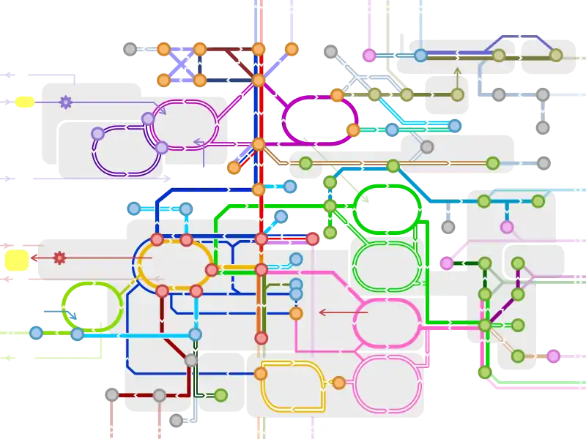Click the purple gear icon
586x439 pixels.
(66, 102)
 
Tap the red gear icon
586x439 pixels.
(60, 258)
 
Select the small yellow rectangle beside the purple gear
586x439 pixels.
(24, 102)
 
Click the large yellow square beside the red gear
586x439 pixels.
(16, 260)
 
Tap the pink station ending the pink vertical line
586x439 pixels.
(369, 55)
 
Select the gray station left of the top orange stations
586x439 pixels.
(130, 50)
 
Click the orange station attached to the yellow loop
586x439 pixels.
(338, 382)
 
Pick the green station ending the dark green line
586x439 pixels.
(220, 395)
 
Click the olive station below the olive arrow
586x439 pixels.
(458, 94)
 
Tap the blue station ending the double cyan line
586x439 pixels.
(455, 126)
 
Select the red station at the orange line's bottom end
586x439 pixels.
(261, 337)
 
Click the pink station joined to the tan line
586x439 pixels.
(553, 356)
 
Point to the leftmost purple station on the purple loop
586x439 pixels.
(97, 134)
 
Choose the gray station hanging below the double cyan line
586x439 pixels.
(427, 147)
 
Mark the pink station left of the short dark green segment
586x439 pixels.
(447, 263)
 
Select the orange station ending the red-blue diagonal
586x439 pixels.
(234, 168)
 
